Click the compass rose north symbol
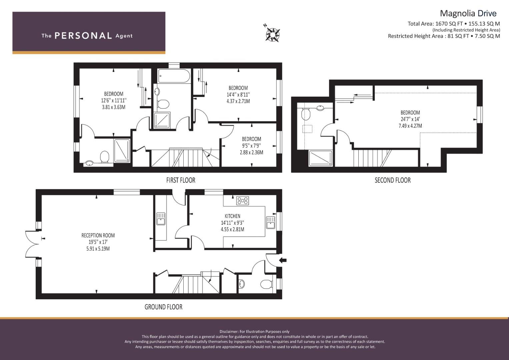pyautogui.click(x=272, y=34)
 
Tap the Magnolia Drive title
pyautogui.click(x=468, y=13)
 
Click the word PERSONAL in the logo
pyautogui.click(x=83, y=36)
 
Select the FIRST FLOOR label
pyautogui.click(x=181, y=180)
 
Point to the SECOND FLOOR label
pyautogui.click(x=393, y=180)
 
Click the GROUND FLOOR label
pyautogui.click(x=163, y=307)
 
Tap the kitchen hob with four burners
pyautogui.click(x=242, y=201)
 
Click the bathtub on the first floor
pyautogui.click(x=174, y=76)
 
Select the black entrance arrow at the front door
pyautogui.click(x=283, y=260)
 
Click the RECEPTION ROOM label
pyautogui.click(x=98, y=235)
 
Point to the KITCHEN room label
pyautogui.click(x=232, y=216)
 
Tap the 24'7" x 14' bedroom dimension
pyautogui.click(x=410, y=119)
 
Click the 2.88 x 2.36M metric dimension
pyautogui.click(x=251, y=152)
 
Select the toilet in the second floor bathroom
pyautogui.click(x=306, y=114)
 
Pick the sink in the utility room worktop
pyautogui.click(x=161, y=219)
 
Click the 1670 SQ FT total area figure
pyautogui.click(x=449, y=24)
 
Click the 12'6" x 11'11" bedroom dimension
pyautogui.click(x=114, y=100)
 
